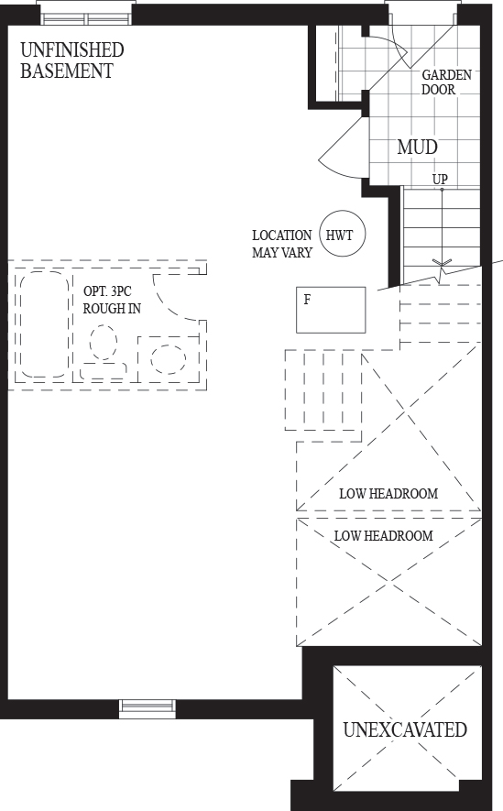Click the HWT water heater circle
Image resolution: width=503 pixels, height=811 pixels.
point(343,234)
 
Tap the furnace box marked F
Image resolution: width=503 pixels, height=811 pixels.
point(331,310)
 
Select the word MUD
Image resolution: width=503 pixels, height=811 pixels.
point(417,147)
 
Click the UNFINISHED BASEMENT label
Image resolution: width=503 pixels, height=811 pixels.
point(71,60)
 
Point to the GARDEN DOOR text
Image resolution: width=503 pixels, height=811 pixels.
point(446,82)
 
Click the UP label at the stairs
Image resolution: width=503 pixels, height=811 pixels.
point(440,180)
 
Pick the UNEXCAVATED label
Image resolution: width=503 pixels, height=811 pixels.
point(405,729)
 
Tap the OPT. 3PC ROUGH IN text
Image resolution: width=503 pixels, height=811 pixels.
point(112,300)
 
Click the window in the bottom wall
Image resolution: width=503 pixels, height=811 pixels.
point(148,708)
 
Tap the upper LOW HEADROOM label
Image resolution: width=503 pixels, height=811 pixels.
point(388,493)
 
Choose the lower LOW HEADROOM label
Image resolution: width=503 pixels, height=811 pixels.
point(384,535)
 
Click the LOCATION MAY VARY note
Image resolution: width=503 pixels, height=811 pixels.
point(282,244)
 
